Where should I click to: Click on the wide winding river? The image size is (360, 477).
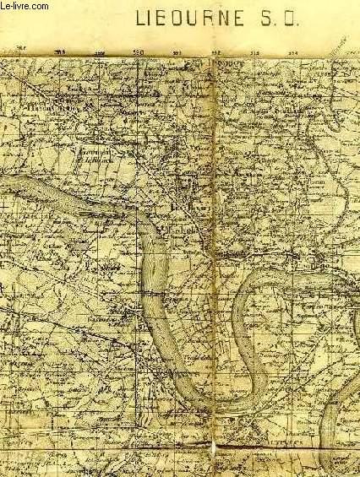pos(157,279)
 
